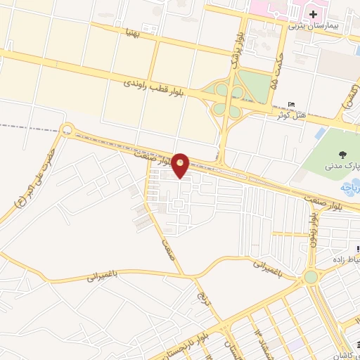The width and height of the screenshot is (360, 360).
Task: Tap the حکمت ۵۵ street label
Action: coord(276,70)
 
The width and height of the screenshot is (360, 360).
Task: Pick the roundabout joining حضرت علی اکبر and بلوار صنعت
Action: coord(67,129)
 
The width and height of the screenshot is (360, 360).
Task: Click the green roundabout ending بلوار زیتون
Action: coord(311,277)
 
